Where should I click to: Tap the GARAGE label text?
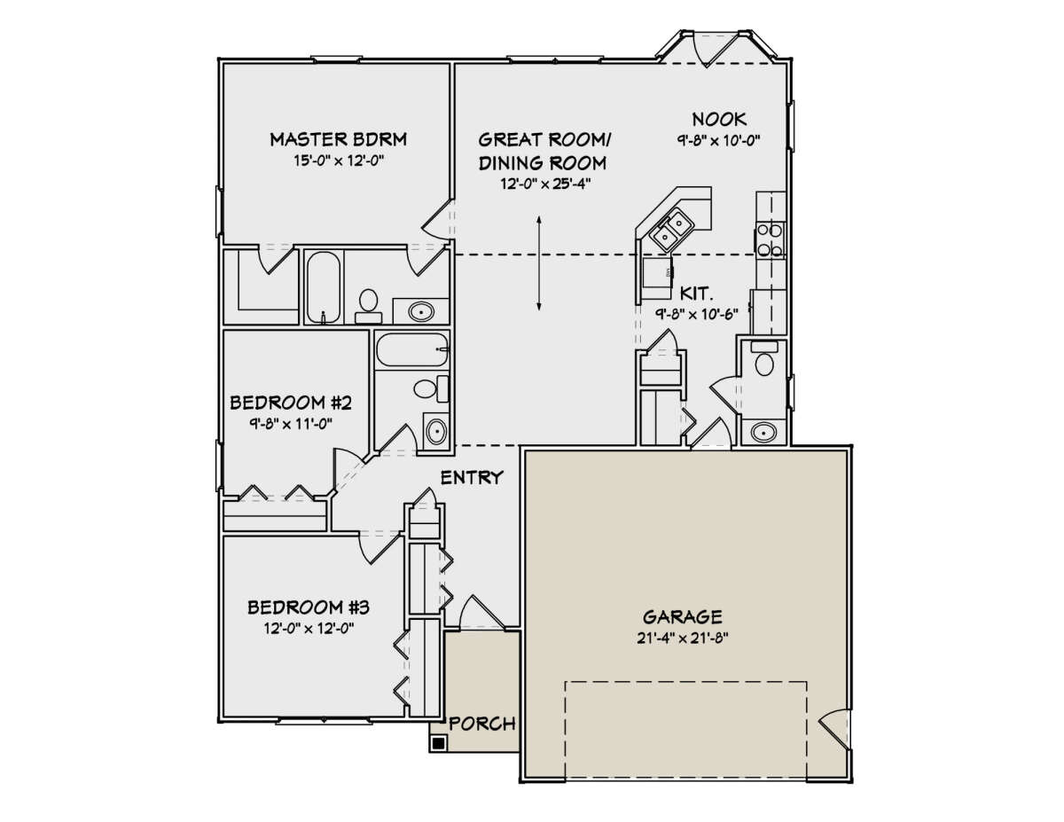click(682, 616)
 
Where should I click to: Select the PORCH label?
click(481, 724)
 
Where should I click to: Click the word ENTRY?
click(473, 478)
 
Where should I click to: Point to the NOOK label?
click(719, 119)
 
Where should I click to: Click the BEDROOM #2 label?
click(292, 403)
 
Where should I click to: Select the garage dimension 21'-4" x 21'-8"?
click(682, 638)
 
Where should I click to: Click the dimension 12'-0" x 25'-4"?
click(544, 184)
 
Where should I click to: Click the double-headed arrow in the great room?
click(538, 263)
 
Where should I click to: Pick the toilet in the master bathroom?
click(368, 304)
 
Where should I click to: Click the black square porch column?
click(437, 743)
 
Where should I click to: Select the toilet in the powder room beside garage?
click(763, 361)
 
